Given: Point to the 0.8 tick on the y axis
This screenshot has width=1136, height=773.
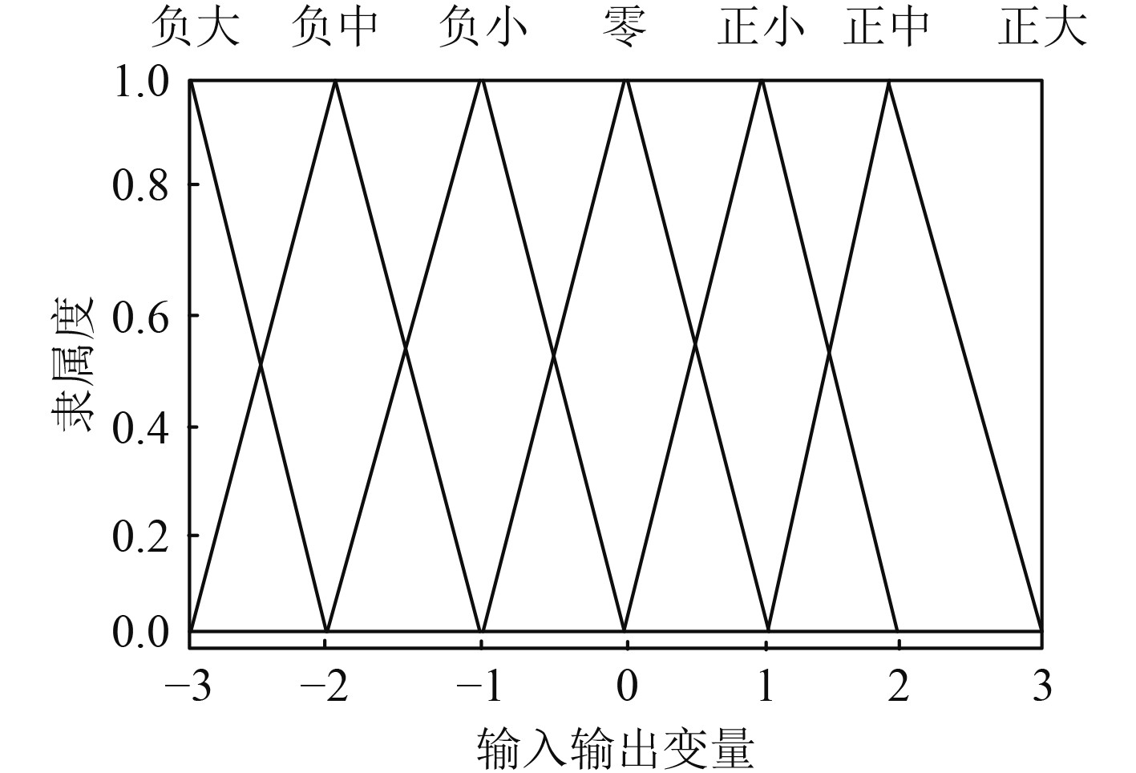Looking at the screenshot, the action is click(140, 186).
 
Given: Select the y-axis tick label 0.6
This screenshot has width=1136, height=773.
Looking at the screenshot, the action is click(140, 318).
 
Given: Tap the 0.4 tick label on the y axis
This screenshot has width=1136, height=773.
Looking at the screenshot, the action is click(140, 427).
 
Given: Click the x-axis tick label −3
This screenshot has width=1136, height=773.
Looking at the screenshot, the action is click(190, 687).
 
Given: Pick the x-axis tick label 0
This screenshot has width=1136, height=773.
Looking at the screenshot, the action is click(627, 687).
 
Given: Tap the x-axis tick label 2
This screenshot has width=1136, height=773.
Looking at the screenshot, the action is click(898, 687).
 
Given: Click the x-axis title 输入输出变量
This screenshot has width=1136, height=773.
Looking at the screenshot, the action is click(616, 748).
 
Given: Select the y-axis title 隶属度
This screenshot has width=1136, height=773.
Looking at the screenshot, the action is click(73, 362).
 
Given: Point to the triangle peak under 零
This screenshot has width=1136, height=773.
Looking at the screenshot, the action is click(626, 82).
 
